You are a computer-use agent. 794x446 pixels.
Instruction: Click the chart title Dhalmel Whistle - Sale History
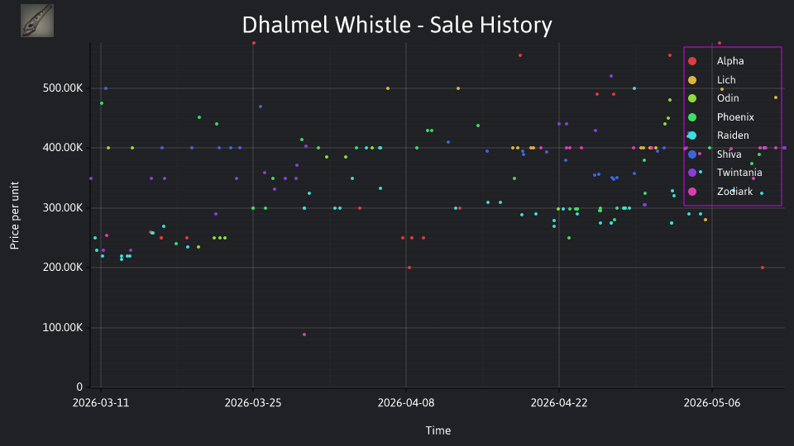[x=397, y=25]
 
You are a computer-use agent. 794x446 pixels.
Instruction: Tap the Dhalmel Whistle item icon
[x=37, y=21]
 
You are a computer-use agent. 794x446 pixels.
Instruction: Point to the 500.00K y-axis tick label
[x=63, y=88]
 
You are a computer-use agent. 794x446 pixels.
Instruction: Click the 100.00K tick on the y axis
[x=63, y=328]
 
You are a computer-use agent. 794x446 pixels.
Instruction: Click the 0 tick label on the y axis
[x=79, y=387]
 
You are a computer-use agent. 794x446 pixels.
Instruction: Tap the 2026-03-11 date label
[x=101, y=403]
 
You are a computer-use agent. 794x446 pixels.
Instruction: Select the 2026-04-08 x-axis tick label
[x=406, y=403]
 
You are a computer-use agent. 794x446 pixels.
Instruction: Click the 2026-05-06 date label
[x=712, y=403]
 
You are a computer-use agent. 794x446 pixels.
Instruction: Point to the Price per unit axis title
[x=15, y=216]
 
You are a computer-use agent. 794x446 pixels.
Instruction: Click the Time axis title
[x=438, y=430]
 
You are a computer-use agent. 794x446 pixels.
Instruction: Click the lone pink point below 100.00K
[x=304, y=334]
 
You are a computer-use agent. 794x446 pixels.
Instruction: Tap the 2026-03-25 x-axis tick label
[x=253, y=403]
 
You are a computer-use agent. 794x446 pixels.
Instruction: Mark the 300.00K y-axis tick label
[x=63, y=208]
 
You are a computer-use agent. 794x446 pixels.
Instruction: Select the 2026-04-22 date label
[x=559, y=403]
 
